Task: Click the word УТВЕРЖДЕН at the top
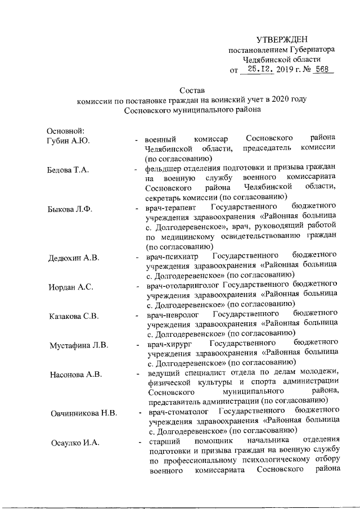pos(282,39)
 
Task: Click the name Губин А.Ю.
pos(69,139)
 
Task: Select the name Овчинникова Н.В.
pos(83,413)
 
